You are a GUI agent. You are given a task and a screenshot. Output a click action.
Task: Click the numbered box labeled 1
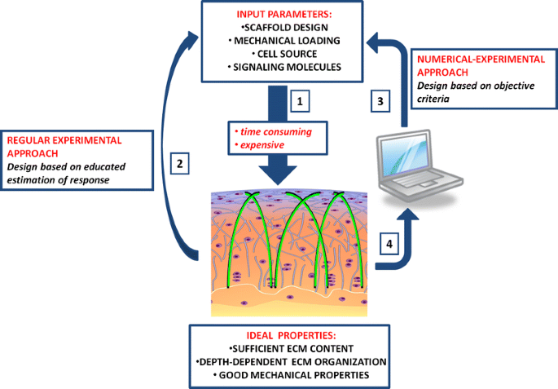(300, 103)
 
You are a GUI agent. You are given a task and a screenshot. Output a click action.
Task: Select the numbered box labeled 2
(182, 162)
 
